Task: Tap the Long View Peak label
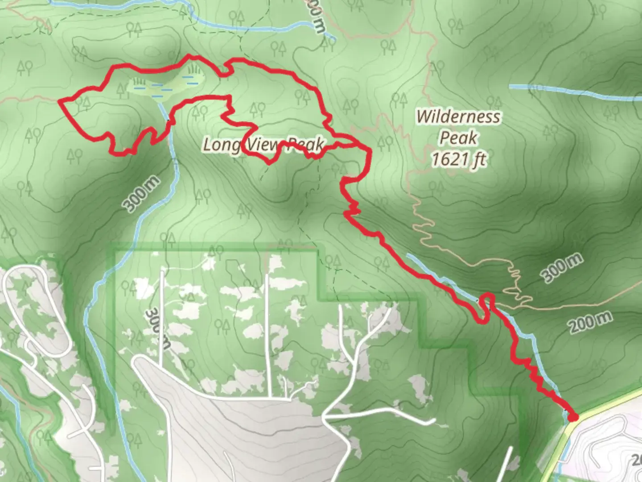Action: pyautogui.click(x=263, y=145)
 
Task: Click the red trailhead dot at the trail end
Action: pyautogui.click(x=573, y=417)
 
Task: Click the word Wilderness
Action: pyautogui.click(x=458, y=117)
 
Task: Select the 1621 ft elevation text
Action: pyautogui.click(x=458, y=159)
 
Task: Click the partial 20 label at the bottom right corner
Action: pyautogui.click(x=636, y=460)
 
